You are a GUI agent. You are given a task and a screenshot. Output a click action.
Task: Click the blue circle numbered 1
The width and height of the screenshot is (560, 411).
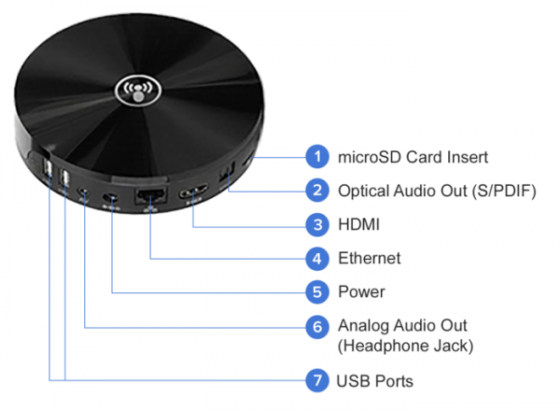tap(319, 156)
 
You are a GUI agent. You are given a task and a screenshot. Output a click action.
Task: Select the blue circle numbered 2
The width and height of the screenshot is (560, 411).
tap(319, 191)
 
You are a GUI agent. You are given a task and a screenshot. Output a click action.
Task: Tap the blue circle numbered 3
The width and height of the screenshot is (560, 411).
tap(319, 224)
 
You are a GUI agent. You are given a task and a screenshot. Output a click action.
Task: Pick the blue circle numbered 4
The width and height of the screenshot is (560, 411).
tap(319, 258)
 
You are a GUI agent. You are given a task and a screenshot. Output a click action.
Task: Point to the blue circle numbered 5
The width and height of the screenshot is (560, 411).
tap(319, 291)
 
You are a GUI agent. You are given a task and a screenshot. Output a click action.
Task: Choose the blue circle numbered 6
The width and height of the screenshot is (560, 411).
tap(319, 326)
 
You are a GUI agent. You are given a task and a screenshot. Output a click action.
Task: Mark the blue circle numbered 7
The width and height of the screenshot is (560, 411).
tap(319, 380)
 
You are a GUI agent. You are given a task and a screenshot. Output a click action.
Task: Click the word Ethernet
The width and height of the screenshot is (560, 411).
tap(370, 258)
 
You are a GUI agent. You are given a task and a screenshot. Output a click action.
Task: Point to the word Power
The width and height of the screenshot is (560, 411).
tap(361, 291)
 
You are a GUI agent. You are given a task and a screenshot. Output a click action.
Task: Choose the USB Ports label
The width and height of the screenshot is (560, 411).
tap(375, 380)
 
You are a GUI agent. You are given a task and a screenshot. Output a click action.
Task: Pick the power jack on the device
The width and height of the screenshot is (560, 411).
tap(112, 197)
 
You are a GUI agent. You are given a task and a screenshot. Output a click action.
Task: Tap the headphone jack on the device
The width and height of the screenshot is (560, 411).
tap(85, 194)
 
